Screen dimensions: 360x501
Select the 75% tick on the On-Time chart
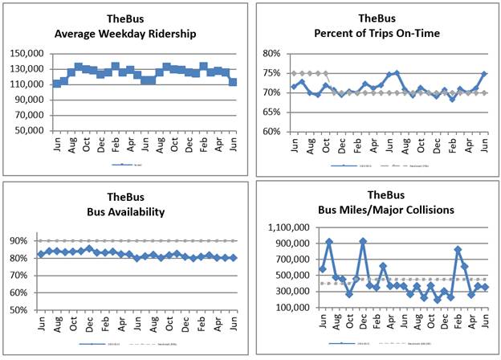(271, 73)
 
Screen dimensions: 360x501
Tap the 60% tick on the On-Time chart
(271, 131)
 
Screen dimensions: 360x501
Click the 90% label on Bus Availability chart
(20, 240)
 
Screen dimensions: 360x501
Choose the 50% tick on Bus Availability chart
(20, 309)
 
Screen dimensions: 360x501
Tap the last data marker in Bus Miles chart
(486, 287)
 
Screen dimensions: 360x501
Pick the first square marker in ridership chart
(56, 84)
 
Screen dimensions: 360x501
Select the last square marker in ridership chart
(233, 81)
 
